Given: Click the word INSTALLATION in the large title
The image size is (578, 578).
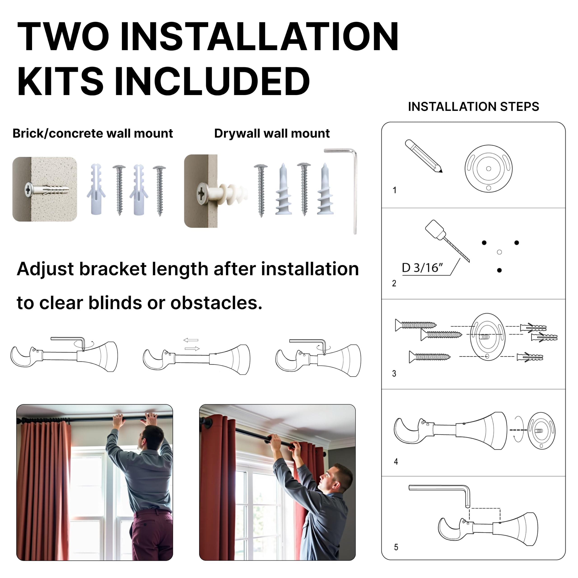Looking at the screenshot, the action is (x=259, y=37).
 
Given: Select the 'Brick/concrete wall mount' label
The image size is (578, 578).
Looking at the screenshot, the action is (x=93, y=133).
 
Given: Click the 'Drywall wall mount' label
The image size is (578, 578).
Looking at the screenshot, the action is (x=272, y=133).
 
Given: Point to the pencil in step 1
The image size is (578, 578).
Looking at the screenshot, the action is (x=423, y=156).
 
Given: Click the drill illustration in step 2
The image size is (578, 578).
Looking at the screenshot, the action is (x=447, y=240).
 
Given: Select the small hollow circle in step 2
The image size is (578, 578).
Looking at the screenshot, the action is (x=499, y=252).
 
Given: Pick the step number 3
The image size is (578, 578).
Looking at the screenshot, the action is (x=394, y=374).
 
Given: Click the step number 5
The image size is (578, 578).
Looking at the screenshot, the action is (x=396, y=548).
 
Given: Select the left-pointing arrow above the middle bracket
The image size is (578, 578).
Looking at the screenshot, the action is (x=191, y=340).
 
